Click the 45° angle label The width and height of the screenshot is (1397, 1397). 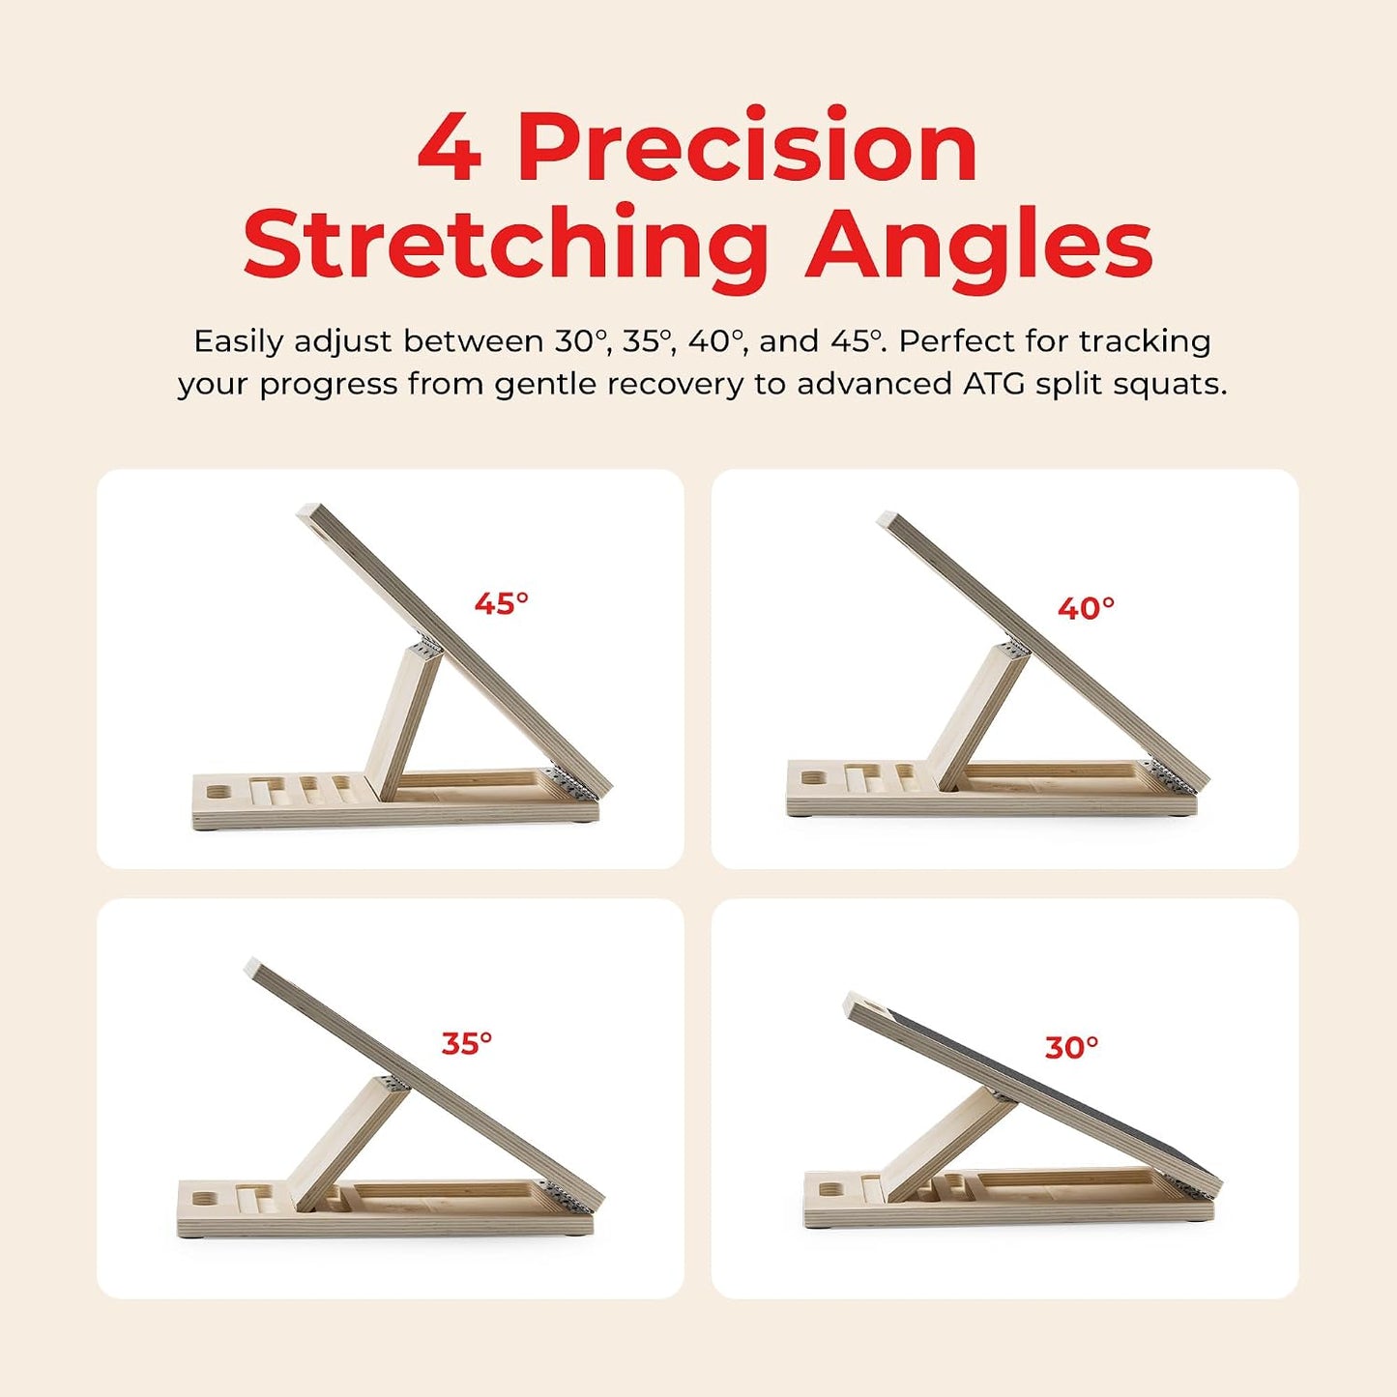[x=501, y=603]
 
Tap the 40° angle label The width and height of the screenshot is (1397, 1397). [x=1086, y=609]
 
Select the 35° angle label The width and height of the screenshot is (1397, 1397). [x=467, y=1043]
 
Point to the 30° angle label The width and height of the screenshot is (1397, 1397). [x=1071, y=1047]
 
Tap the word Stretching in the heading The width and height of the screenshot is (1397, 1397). [x=506, y=245]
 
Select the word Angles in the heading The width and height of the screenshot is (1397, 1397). [x=978, y=245]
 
